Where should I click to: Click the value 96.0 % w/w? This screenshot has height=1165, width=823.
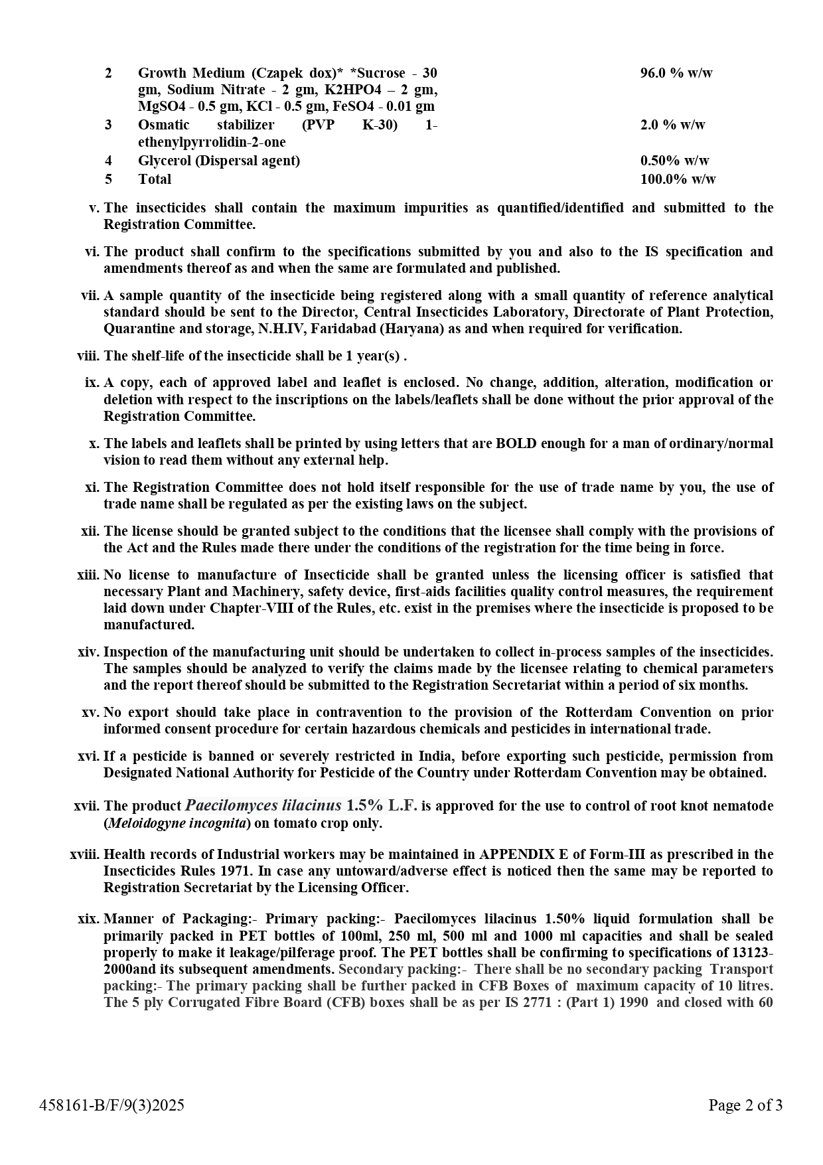(x=676, y=73)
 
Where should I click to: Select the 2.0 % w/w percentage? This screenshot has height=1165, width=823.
(x=672, y=125)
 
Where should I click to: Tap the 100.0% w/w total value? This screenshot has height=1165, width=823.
(x=678, y=179)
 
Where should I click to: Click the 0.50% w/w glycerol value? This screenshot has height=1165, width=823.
(x=674, y=161)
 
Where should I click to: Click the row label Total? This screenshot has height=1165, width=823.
(x=155, y=179)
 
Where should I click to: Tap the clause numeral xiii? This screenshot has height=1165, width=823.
(x=88, y=575)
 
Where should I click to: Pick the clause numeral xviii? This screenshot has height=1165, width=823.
(x=85, y=854)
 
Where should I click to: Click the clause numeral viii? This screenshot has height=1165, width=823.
(x=88, y=356)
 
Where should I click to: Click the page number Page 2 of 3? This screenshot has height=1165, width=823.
(x=745, y=1105)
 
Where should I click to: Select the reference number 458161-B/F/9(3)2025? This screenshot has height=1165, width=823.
(x=112, y=1105)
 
